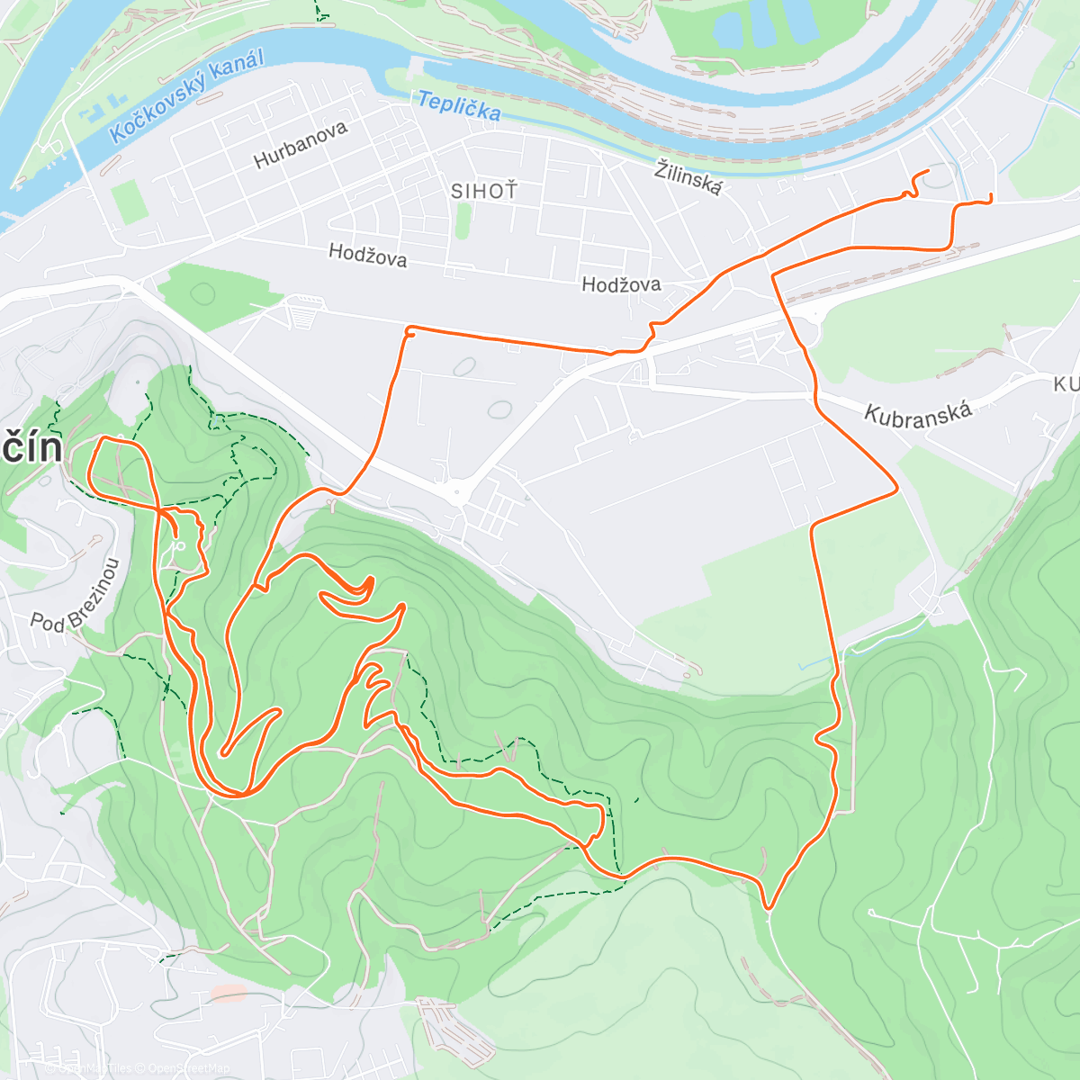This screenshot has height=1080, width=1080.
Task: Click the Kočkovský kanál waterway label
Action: pyautogui.click(x=187, y=97)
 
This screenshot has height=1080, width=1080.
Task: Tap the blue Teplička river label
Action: pyautogui.click(x=459, y=105)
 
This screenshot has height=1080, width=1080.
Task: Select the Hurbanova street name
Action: pyautogui.click(x=301, y=145)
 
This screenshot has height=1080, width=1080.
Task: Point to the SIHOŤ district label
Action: pyautogui.click(x=484, y=191)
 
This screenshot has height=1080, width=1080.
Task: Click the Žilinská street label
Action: pyautogui.click(x=688, y=176)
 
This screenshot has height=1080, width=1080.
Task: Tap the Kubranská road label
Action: pyautogui.click(x=918, y=414)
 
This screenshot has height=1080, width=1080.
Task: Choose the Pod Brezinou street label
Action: pyautogui.click(x=76, y=596)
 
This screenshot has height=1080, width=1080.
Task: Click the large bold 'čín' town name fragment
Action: pyautogui.click(x=31, y=447)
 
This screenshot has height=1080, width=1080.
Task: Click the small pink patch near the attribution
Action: pyautogui.click(x=229, y=993)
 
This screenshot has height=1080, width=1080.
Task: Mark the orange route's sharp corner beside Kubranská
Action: pyautogui.click(x=896, y=490)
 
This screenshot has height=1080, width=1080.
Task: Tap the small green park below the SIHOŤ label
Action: pyautogui.click(x=463, y=220)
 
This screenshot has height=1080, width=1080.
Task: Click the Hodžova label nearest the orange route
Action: pyautogui.click(x=621, y=284)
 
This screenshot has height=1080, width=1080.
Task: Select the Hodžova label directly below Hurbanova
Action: pyautogui.click(x=367, y=256)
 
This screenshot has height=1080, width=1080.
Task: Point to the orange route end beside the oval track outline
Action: pyautogui.click(x=927, y=171)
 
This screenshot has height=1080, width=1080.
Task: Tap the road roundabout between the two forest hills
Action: pyautogui.click(x=458, y=491)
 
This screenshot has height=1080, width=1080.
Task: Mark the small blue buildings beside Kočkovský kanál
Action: pyautogui.click(x=101, y=109)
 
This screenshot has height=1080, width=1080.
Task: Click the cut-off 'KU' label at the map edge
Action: pyautogui.click(x=1066, y=384)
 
